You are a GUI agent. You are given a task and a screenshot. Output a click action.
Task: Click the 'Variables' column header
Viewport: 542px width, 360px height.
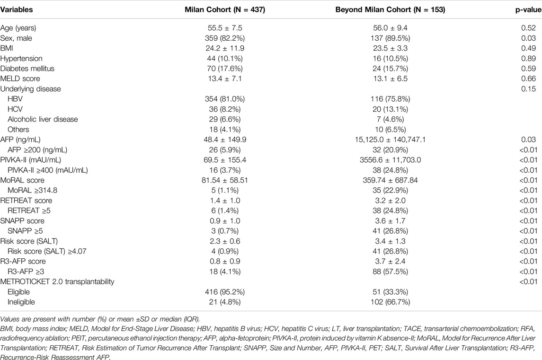17,9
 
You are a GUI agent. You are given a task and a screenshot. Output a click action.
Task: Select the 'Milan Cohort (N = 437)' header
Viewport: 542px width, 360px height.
225,9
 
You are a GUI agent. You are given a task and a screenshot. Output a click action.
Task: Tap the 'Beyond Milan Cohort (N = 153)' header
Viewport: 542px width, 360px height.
390,9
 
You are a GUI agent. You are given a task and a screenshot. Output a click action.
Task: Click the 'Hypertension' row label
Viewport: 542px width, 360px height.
21,58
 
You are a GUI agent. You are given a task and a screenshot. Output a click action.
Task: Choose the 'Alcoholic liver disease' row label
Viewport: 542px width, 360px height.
43,119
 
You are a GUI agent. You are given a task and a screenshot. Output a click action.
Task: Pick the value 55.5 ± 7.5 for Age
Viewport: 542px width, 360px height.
225,28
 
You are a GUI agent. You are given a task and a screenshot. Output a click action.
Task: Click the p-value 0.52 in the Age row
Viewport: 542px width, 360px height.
529,28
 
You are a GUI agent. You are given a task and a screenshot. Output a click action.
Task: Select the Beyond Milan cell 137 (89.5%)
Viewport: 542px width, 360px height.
390,38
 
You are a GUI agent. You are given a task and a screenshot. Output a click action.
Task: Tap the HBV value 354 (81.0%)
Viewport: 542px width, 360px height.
225,99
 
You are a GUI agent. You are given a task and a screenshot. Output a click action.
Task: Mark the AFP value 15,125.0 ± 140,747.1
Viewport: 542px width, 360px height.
390,140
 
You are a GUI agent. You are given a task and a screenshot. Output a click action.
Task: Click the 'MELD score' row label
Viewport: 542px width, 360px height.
20,79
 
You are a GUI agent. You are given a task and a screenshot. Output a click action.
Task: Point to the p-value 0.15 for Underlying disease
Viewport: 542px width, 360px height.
529,89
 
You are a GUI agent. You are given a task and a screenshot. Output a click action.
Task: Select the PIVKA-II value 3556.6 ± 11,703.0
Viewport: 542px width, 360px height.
390,160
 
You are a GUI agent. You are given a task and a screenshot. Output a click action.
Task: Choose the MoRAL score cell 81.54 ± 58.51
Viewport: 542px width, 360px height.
225,180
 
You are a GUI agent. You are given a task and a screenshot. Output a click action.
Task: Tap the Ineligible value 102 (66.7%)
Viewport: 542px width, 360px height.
390,302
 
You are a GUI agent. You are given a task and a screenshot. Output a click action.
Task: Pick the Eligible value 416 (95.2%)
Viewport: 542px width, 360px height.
225,292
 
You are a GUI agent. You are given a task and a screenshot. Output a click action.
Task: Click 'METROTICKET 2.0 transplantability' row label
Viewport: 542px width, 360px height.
57,281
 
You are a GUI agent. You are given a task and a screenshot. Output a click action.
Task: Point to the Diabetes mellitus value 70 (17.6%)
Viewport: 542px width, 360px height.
225,69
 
